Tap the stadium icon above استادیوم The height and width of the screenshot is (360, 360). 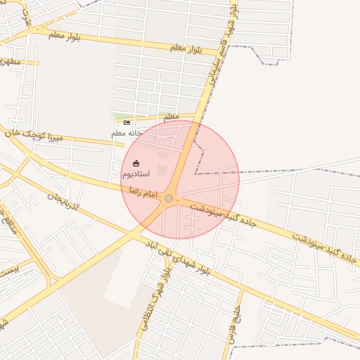tap(136, 163)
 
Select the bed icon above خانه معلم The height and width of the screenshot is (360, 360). tap(127, 123)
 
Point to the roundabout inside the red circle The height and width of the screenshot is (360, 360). tap(169, 199)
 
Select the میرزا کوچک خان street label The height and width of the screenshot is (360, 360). tap(33, 134)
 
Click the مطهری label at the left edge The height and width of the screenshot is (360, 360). tap(10, 62)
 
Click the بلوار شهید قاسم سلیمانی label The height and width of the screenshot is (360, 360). tap(224, 53)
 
